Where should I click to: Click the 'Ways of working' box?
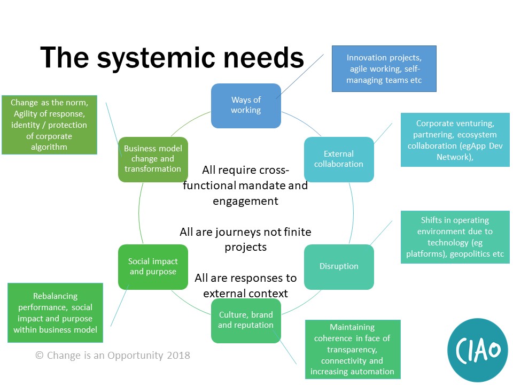[x=246, y=105]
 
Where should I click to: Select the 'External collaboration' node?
[x=339, y=159]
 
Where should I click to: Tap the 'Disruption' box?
[x=339, y=266]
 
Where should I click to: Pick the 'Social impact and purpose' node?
[x=153, y=266]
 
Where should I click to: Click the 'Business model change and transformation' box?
[x=153, y=159]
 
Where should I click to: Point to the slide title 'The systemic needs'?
[x=172, y=57]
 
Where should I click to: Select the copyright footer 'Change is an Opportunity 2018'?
[x=113, y=355]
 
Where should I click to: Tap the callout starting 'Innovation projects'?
[x=384, y=69]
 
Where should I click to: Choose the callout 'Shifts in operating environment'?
[x=455, y=237]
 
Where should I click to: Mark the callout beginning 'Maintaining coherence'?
[x=352, y=349]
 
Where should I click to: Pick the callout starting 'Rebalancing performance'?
[x=55, y=313]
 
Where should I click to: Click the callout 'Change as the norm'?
[x=49, y=124]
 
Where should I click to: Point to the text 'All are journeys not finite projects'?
[x=245, y=240]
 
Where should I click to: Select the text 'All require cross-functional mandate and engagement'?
[x=245, y=186]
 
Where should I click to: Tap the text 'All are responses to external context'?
[x=245, y=286]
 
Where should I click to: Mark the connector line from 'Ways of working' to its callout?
[x=301, y=75]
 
